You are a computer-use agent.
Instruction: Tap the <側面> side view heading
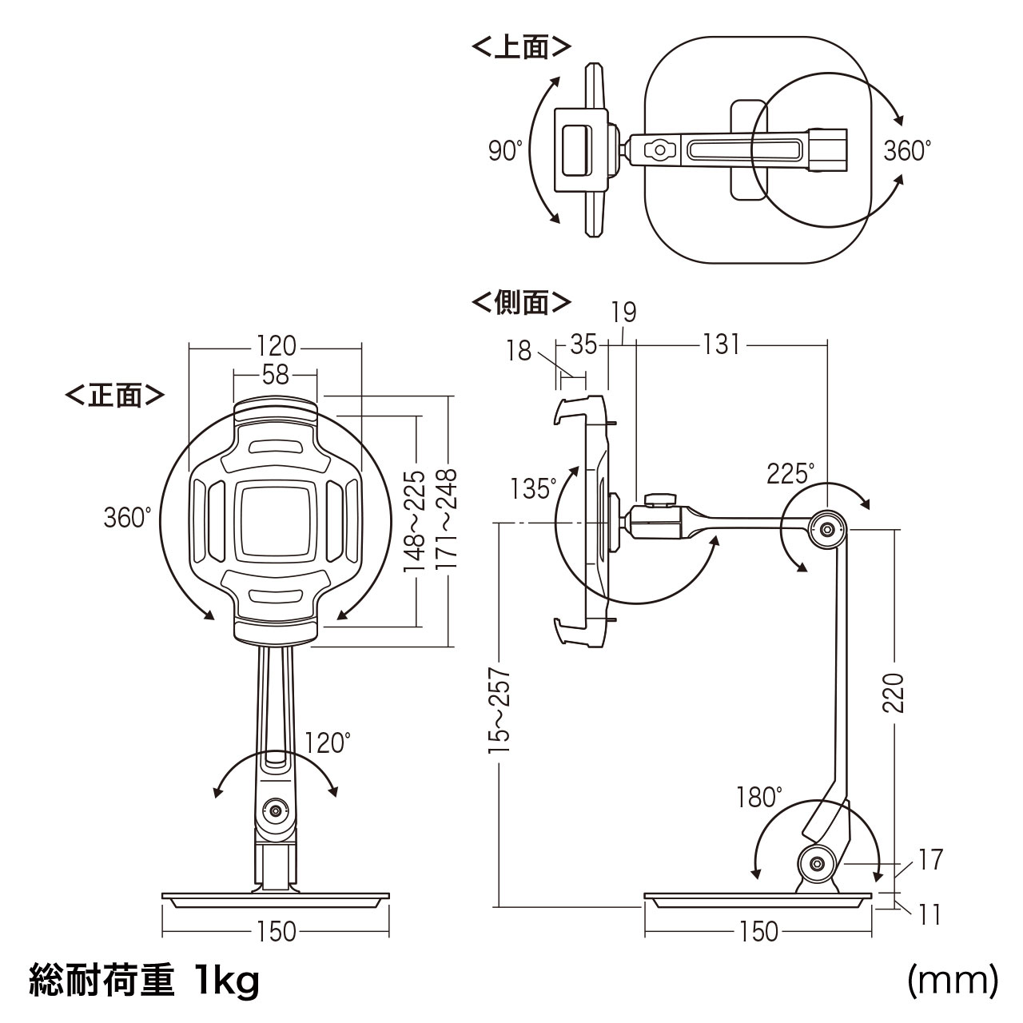[x=521, y=303]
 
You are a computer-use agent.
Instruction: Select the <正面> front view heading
[x=115, y=395]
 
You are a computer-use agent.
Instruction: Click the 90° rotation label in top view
[x=505, y=150]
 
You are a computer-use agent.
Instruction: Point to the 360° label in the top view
[x=907, y=150]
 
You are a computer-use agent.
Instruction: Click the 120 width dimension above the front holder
[x=276, y=347]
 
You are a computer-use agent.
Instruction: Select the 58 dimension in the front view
[x=276, y=375]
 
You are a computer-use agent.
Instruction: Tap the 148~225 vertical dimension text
[x=415, y=519]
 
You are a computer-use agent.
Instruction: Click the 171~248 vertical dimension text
[x=448, y=519]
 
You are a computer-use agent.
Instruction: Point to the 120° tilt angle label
[x=328, y=742]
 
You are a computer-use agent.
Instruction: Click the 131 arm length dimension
[x=721, y=344]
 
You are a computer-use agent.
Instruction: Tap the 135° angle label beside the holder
[x=532, y=488]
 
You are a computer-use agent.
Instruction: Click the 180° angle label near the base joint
[x=759, y=797]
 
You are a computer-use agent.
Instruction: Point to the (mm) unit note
[x=953, y=981]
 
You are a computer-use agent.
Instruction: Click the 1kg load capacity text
[x=227, y=981]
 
